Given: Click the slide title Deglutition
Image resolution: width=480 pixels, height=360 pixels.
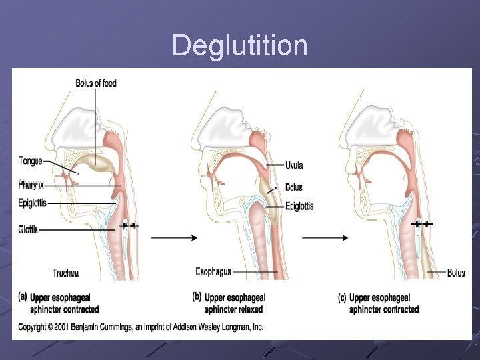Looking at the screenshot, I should point(240,46).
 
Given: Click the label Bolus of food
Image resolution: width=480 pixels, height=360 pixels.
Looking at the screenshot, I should point(96,83).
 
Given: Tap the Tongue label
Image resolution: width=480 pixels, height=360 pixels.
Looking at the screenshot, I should point(31,161).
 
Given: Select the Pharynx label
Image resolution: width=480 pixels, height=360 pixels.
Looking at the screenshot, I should point(31,184).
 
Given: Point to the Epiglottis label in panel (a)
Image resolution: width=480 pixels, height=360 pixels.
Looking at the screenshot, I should point(33,203).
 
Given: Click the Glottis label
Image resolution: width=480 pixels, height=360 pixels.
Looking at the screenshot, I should point(29,230).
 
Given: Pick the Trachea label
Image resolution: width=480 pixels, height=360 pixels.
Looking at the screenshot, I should point(65,273).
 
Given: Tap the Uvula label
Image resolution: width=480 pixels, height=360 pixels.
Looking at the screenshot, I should point(294,165).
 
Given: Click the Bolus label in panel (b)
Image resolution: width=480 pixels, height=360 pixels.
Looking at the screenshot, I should point(294,188).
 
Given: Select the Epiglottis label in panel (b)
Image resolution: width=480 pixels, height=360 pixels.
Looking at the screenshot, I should point(299,206).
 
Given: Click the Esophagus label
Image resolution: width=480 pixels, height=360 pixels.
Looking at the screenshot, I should point(213,271).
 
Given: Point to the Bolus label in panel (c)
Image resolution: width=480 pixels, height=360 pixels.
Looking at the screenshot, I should point(456,273).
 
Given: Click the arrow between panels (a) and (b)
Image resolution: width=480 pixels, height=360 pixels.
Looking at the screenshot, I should point(175,238).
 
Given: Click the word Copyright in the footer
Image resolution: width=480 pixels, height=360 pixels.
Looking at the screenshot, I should point(35,327).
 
